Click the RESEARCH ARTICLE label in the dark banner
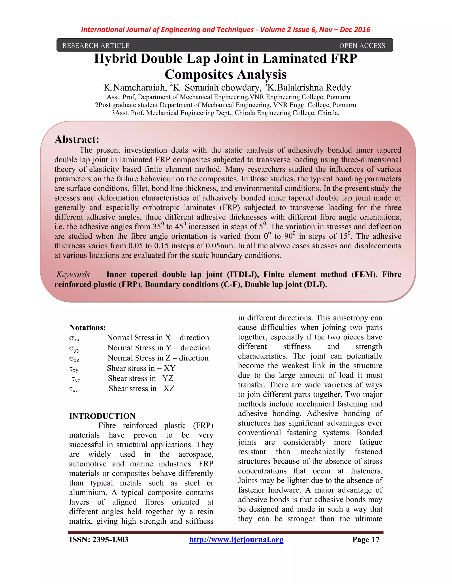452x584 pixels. tap(96, 46)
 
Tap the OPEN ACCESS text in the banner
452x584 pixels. tap(362, 46)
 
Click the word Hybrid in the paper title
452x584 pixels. tap(115, 59)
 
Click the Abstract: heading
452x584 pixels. tap(77, 139)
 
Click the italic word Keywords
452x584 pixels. tap(73, 274)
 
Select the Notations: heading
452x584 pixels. tap(87, 327)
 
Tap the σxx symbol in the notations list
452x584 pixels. tap(74, 338)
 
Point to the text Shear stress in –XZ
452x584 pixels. tap(141, 389)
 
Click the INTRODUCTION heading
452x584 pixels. tap(102, 416)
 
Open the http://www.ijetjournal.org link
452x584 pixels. tap(236, 540)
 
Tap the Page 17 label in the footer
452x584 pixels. tap(366, 540)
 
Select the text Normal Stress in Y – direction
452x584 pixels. tap(158, 348)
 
